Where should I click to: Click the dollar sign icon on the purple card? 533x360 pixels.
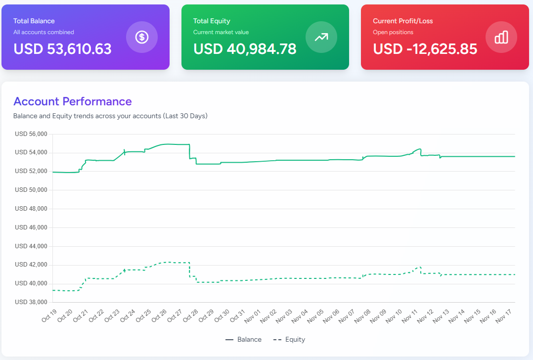pos(142,37)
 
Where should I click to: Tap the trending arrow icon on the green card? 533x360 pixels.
pos(321,37)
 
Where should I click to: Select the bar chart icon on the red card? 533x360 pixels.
pos(501,37)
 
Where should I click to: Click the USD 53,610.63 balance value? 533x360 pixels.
pos(62,49)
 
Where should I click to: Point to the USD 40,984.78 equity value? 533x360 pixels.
pos(245,49)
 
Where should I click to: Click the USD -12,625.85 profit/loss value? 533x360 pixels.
pos(425,49)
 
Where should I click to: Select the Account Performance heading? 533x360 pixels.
pos(73,101)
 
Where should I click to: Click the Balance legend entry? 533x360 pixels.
pos(243,340)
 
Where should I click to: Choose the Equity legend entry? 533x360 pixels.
pos(289,340)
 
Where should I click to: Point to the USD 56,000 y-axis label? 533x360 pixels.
pos(31,134)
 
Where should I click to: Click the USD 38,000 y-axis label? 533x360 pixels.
pos(31,302)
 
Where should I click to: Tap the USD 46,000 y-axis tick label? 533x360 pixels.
pos(31,227)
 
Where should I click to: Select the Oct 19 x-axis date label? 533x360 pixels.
pos(49,315)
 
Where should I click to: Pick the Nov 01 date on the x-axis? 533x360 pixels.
pos(253,315)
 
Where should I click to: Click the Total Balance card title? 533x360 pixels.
pos(34,21)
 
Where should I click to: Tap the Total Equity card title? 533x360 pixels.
pos(212,21)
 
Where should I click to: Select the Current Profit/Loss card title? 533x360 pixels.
pos(403,21)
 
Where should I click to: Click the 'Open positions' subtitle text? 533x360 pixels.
pos(393,32)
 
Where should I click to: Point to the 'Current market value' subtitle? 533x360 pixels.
pos(221,32)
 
